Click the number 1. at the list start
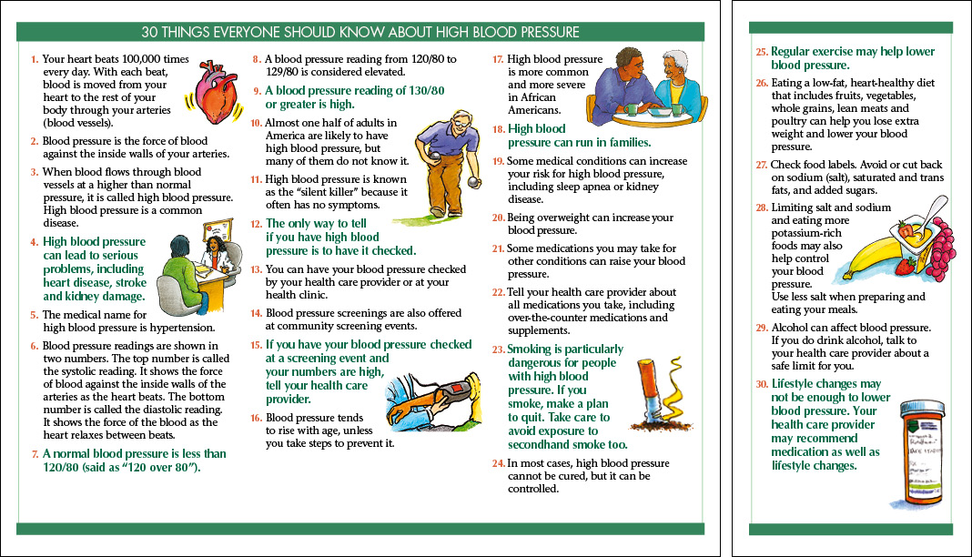tap(34, 59)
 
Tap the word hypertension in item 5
tap(179, 329)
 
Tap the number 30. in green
tap(762, 384)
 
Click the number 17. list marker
tap(499, 59)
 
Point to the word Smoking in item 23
tap(529, 349)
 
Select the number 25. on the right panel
tap(762, 52)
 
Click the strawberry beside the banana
tap(906, 266)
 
